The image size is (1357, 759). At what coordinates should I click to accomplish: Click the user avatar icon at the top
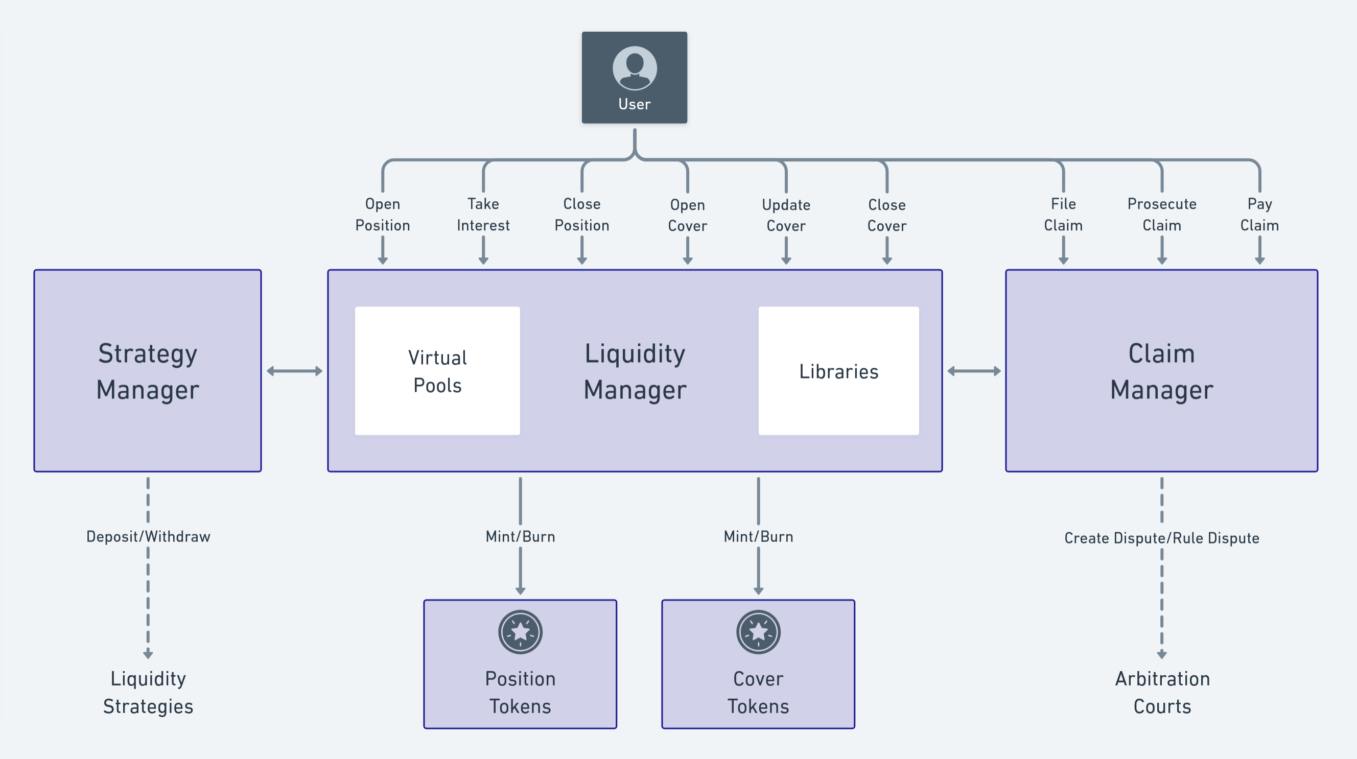point(634,68)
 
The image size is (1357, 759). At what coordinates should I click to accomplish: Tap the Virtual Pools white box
point(437,371)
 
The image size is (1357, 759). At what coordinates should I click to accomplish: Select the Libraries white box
point(838,371)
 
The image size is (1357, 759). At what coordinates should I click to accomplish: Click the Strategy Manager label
point(148,371)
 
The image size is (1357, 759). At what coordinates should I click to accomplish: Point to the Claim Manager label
point(1161,371)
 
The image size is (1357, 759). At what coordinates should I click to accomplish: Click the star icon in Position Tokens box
point(520,631)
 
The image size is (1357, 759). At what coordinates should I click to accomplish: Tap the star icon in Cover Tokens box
point(758,631)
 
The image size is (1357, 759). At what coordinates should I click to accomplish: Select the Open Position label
point(383,215)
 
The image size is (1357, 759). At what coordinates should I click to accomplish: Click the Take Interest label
point(483,215)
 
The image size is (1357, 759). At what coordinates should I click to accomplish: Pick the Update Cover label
point(786,215)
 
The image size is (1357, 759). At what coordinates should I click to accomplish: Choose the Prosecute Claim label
point(1161,215)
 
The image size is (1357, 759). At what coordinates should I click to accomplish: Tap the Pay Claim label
point(1259,215)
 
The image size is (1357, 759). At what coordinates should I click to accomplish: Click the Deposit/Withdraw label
point(148,536)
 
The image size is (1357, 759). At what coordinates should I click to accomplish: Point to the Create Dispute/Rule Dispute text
point(1161,538)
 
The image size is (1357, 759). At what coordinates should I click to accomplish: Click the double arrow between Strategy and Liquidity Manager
point(294,371)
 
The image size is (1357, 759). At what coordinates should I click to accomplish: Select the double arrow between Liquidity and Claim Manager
point(974,371)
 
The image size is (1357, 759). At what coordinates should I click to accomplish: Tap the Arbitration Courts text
point(1162,692)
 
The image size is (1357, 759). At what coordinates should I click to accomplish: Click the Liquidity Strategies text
point(148,692)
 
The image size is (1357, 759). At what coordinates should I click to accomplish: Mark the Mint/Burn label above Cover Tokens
point(758,536)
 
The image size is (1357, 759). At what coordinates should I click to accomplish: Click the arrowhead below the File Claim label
point(1063,260)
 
